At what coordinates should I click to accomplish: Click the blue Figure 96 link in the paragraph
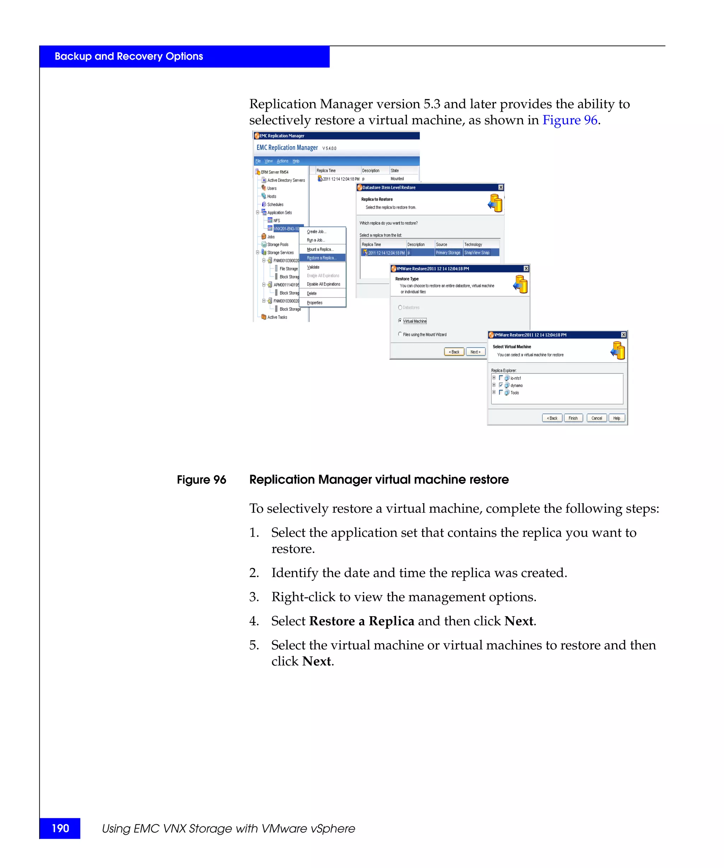click(x=569, y=120)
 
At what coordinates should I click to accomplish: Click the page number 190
click(x=60, y=828)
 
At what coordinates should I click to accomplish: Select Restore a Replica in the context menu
click(x=321, y=258)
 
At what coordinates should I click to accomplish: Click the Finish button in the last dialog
click(x=573, y=418)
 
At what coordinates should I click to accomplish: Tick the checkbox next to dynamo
click(x=501, y=385)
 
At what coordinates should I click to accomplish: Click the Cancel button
click(x=596, y=418)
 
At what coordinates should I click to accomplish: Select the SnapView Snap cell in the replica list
click(x=477, y=252)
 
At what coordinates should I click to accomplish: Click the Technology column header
click(x=473, y=245)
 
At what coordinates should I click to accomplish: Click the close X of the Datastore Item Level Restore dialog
click(x=501, y=188)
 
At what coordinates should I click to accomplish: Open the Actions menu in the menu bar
click(x=282, y=161)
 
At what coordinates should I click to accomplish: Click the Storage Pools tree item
click(x=278, y=245)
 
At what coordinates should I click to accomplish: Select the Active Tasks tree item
click(x=277, y=317)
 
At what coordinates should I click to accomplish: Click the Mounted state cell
click(x=397, y=179)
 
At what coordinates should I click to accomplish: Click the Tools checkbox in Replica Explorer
click(x=501, y=393)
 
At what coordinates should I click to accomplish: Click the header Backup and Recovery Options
click(x=129, y=57)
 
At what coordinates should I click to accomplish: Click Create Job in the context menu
click(x=316, y=232)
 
